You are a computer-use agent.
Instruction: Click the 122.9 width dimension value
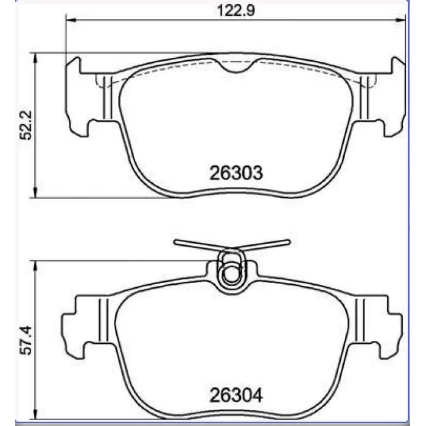click(x=236, y=10)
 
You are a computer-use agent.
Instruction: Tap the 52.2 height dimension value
click(x=26, y=125)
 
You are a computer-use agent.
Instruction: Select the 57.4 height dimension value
click(x=26, y=340)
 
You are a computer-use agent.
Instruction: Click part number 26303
click(x=236, y=172)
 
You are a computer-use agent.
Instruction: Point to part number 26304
click(x=236, y=395)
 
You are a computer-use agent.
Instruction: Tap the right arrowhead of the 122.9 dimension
click(x=400, y=19)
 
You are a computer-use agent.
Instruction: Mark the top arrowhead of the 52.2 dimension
click(x=35, y=58)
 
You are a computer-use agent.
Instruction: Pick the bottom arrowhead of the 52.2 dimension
click(x=35, y=192)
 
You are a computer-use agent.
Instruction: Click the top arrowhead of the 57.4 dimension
click(x=35, y=266)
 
